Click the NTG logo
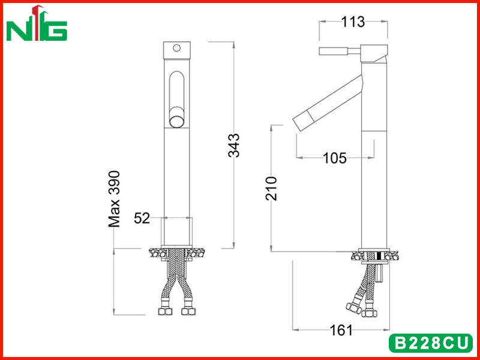pyautogui.click(x=37, y=23)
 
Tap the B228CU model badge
pyautogui.click(x=431, y=343)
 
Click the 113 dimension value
pyautogui.click(x=353, y=22)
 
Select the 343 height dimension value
pyautogui.click(x=234, y=145)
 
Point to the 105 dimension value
pyautogui.click(x=335, y=158)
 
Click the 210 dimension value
pyautogui.click(x=271, y=188)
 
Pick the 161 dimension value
pyautogui.click(x=341, y=331)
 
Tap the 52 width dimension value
pyautogui.click(x=142, y=218)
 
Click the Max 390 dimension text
pyautogui.click(x=115, y=199)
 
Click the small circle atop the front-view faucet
pyautogui.click(x=176, y=48)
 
